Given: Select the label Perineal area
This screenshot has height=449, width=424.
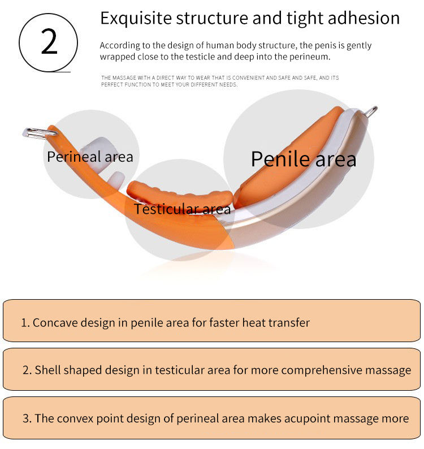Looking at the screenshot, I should (x=90, y=156).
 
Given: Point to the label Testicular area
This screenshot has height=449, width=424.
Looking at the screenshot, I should (x=182, y=209).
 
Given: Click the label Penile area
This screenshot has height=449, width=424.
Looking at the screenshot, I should (x=304, y=159).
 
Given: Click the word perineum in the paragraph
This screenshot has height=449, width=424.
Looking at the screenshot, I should (x=309, y=57).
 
